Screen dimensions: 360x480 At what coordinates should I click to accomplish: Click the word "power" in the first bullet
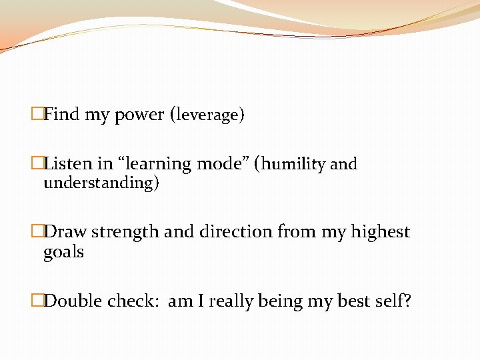139,115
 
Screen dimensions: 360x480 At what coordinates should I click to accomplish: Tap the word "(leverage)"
208,115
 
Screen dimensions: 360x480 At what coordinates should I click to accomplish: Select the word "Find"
62,115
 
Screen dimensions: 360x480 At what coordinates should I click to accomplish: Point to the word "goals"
63,252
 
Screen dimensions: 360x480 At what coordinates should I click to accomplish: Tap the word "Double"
73,301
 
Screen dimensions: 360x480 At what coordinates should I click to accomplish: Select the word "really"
234,301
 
